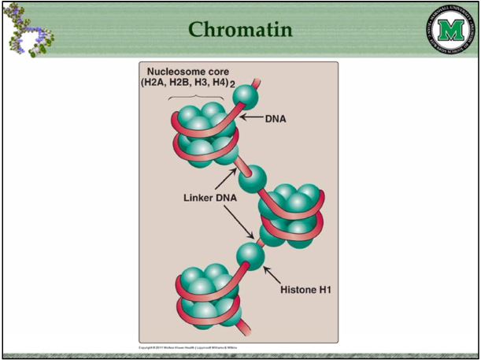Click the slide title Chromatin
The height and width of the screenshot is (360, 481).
[x=241, y=30]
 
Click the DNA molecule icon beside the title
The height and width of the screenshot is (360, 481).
[x=30, y=30]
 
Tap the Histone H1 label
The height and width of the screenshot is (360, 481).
[x=305, y=289]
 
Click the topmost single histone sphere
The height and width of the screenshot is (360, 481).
[x=246, y=95]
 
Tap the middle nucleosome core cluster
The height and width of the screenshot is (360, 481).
[x=290, y=210]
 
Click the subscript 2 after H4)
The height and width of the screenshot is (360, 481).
[x=234, y=84]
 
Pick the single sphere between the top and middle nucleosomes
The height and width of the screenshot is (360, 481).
[x=251, y=180]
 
